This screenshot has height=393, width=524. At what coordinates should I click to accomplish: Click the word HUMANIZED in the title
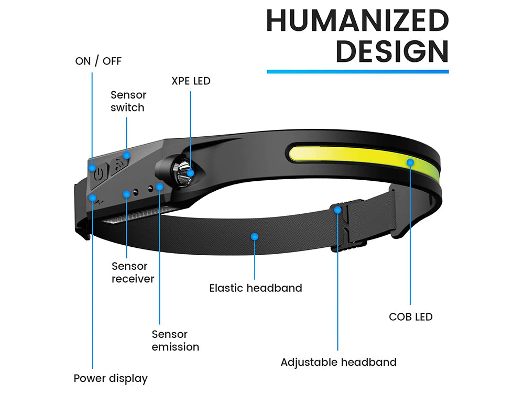[357, 21]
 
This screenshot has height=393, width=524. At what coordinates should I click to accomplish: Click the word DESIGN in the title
[392, 51]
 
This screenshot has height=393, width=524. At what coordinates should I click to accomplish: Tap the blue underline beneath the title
[357, 71]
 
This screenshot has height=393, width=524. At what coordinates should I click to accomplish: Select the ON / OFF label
[98, 61]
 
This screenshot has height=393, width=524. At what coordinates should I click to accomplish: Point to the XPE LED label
[191, 81]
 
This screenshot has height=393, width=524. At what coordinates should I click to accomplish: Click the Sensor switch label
[128, 101]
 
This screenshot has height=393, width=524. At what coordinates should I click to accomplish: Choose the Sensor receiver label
[133, 272]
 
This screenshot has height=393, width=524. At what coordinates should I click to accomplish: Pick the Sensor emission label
[175, 340]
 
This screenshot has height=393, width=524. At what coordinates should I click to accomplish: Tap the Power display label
[111, 378]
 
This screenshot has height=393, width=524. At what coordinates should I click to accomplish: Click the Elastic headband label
[255, 288]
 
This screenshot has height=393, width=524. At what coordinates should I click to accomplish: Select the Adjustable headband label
[338, 362]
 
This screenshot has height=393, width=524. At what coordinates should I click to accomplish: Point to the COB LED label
[410, 316]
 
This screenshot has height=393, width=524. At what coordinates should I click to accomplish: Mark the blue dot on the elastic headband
[255, 237]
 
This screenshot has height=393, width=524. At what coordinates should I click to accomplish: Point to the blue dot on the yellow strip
[409, 162]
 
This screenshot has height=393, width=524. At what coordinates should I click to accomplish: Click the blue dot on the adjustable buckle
[338, 210]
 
